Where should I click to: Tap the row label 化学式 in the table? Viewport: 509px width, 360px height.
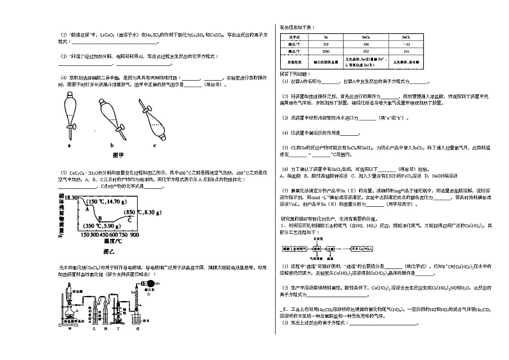pos(294,37)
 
